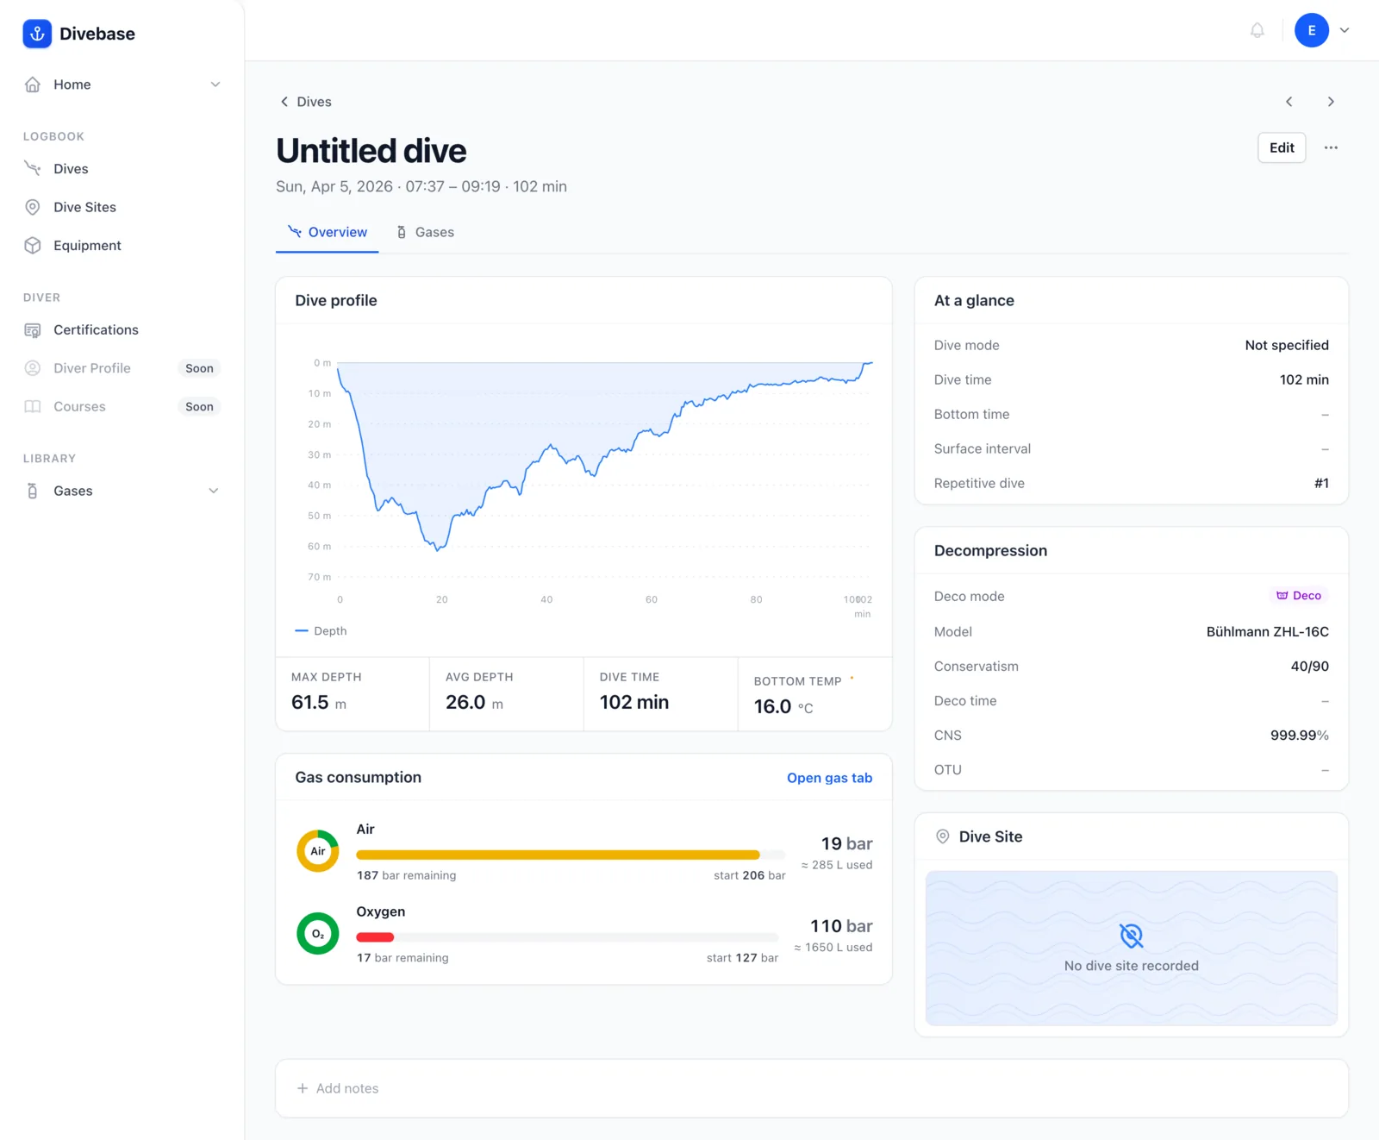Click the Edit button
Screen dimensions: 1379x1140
coord(1282,147)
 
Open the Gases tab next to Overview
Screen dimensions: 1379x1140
coord(425,232)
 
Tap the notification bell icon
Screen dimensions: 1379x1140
coord(1257,31)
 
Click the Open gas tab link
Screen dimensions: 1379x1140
coord(829,778)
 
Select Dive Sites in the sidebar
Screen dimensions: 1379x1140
coord(84,207)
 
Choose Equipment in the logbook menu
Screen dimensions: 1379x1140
coord(87,246)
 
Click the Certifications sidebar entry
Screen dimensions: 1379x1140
coord(96,330)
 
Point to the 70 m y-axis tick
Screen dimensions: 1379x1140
coord(320,577)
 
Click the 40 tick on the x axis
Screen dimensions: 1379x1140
coord(546,599)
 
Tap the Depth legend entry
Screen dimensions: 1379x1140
coord(321,631)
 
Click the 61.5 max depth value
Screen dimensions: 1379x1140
coord(310,703)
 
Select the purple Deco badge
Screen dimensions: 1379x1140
coord(1299,596)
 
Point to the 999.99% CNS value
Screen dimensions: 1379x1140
coord(1300,736)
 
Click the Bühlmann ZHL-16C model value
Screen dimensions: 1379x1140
coord(1267,632)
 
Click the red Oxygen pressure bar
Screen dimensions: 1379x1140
coord(375,937)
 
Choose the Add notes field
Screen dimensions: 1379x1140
coord(812,1088)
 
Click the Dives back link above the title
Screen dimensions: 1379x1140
coord(306,102)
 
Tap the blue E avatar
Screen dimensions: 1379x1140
coord(1311,31)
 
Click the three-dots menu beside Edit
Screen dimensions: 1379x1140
coord(1331,147)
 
